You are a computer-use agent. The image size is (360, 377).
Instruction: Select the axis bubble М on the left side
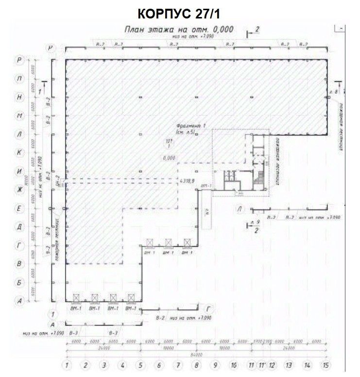point(19,116)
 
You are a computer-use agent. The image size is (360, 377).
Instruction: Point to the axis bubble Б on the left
point(19,282)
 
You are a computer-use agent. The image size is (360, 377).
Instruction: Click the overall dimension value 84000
point(195,353)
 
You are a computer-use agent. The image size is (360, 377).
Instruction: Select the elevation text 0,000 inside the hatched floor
point(169,157)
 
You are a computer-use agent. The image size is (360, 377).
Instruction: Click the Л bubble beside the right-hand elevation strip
point(240,209)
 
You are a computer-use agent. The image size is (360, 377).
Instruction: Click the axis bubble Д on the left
point(19,226)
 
